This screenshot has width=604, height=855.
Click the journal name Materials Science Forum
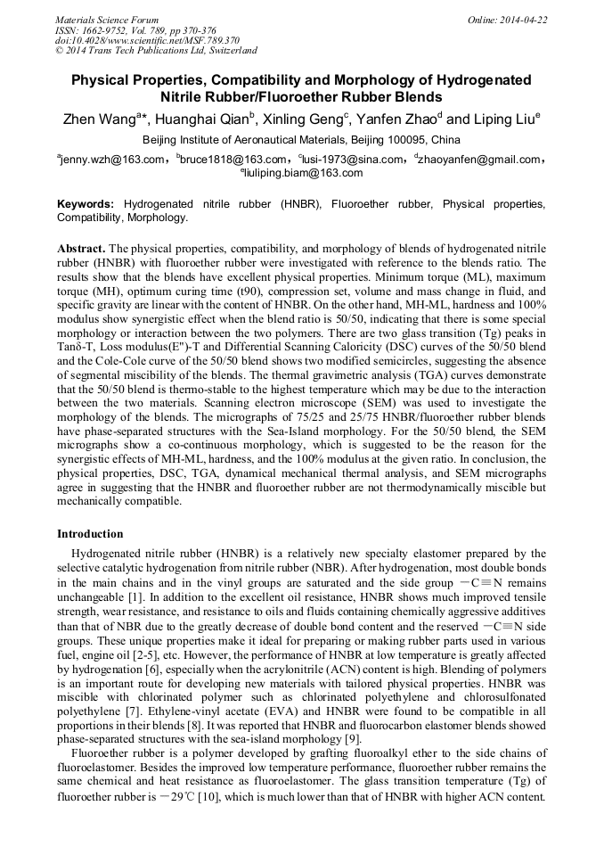pos(107,20)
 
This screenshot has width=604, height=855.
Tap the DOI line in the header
pos(147,41)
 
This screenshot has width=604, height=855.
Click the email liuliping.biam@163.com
pos(303,173)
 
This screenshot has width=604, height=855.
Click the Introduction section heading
pos(90,534)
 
